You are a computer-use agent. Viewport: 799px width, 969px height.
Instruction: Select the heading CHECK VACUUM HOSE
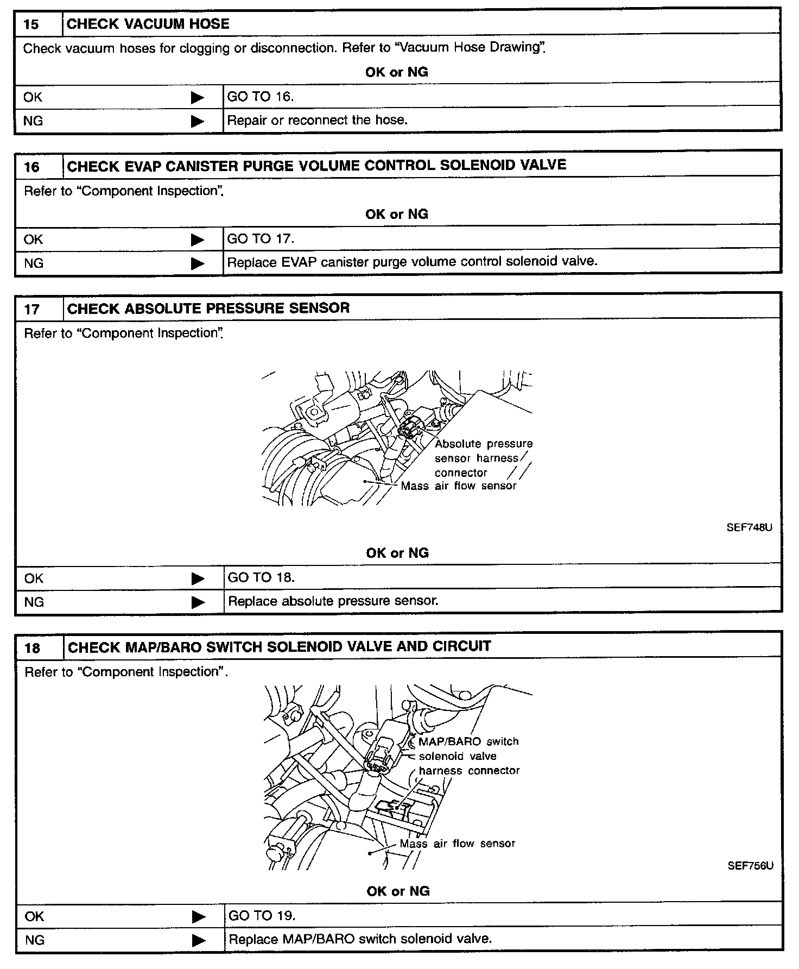coord(148,24)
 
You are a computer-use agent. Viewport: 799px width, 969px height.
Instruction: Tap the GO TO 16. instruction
coord(260,97)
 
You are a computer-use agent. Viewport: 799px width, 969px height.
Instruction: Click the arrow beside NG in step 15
coord(198,121)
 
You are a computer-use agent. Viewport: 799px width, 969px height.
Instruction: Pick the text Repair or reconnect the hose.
coord(317,120)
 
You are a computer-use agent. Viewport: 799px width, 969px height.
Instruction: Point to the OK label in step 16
coord(33,240)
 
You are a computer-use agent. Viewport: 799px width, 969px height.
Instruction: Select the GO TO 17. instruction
coord(261,239)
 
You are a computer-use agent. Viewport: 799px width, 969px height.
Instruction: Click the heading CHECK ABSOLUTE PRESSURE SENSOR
coord(208,309)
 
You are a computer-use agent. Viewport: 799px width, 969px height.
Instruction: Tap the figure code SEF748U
coord(749,527)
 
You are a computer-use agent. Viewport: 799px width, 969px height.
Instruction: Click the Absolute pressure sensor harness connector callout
coord(483,458)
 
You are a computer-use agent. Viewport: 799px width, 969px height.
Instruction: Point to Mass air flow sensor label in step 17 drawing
coord(459,486)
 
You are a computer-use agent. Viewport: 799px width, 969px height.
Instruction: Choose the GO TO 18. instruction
coord(261,577)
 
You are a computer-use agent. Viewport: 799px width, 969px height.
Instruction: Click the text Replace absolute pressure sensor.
coord(333,601)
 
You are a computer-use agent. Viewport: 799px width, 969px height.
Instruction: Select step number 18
coord(33,648)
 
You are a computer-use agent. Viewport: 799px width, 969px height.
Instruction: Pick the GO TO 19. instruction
coord(262,916)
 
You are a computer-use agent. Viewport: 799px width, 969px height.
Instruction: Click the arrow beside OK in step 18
coord(199,917)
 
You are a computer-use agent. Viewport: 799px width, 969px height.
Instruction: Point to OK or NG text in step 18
coord(398,891)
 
